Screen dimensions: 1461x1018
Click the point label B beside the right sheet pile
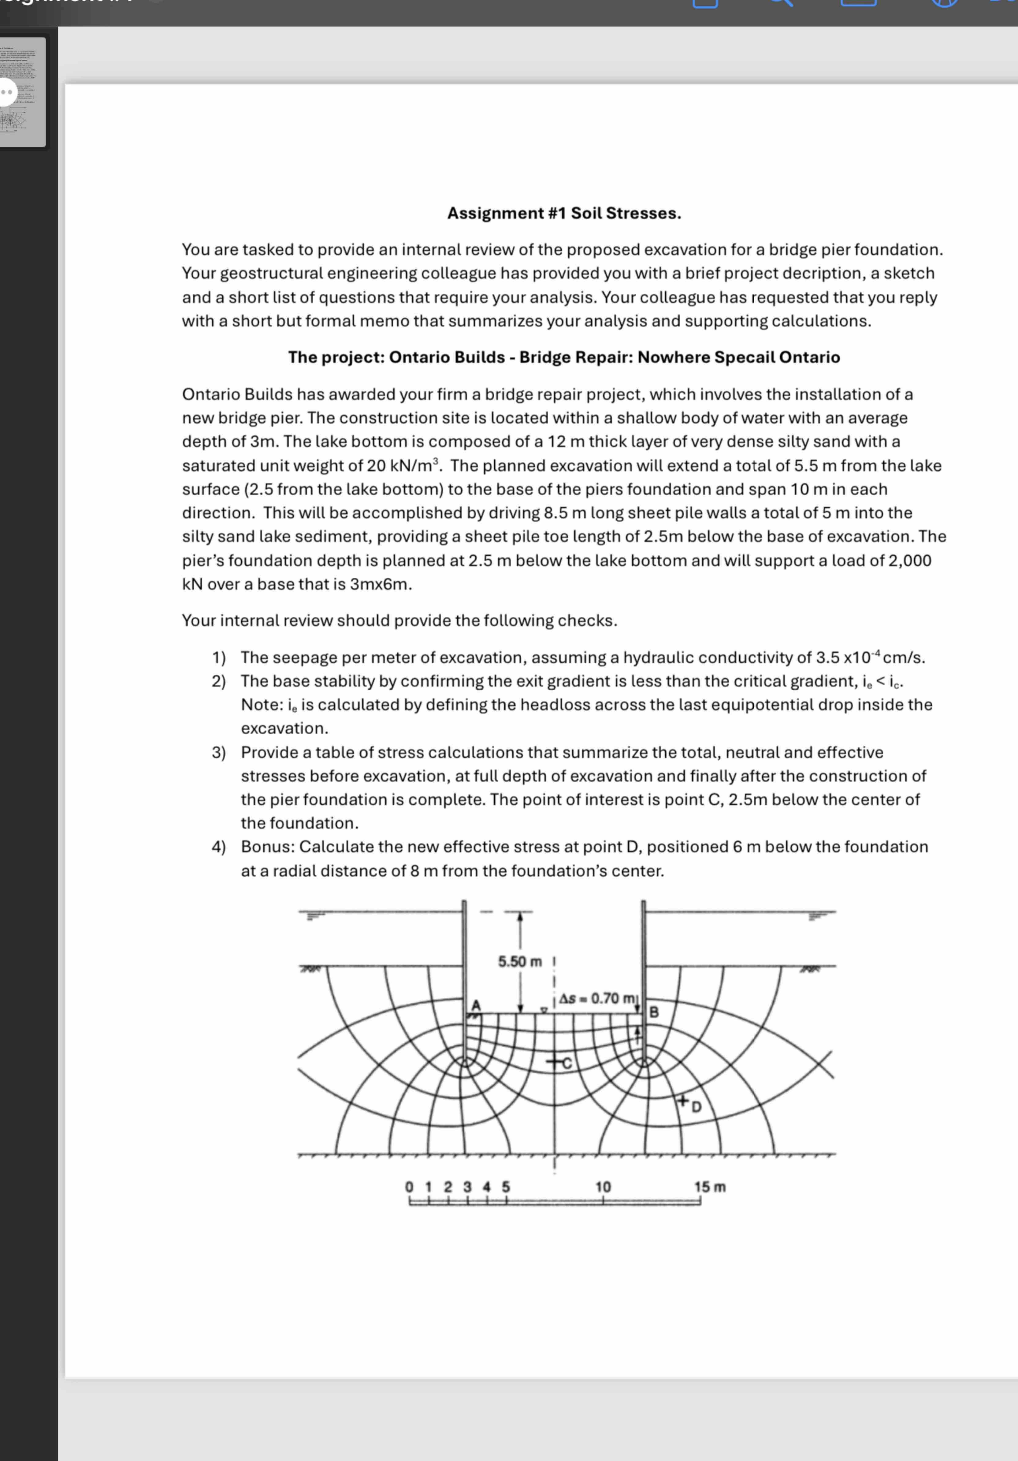coord(653,1012)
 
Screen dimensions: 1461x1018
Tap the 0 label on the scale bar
coord(409,1187)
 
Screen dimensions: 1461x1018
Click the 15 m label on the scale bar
coord(709,1187)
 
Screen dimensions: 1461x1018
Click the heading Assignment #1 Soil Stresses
coord(564,213)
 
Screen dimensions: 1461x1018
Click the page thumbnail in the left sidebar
coord(23,92)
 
